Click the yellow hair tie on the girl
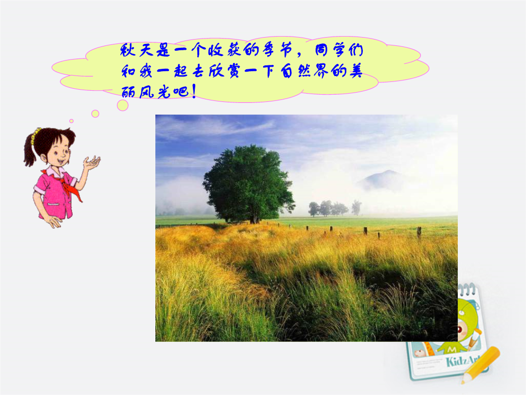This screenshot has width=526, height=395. [x=35, y=135]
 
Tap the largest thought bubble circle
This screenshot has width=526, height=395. [x=123, y=105]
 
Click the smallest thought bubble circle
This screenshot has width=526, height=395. [x=72, y=121]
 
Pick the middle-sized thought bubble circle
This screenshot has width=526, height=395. [x=95, y=114]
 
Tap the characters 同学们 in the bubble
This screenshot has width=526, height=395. [x=339, y=50]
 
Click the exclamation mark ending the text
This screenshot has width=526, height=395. [x=193, y=92]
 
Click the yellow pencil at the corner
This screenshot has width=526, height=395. [x=480, y=365]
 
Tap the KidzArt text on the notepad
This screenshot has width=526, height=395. [x=463, y=361]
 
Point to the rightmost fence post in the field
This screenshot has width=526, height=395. [x=419, y=232]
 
